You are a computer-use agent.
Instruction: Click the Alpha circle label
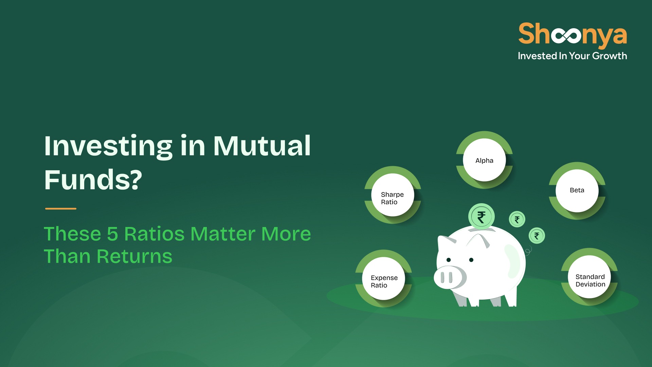coord(484,160)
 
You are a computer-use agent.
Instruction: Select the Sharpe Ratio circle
coord(393,195)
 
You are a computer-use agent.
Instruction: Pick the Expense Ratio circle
coord(383,278)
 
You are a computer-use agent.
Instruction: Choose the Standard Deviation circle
coord(590,277)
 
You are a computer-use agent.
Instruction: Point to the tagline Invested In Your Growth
coord(572,56)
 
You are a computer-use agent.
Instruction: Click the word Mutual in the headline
coord(262,146)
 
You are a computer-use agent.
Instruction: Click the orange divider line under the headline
coord(61,209)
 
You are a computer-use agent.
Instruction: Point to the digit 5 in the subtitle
coord(112,234)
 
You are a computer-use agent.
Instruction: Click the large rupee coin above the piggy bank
coord(481,216)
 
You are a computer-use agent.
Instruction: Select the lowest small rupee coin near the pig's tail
coord(537,235)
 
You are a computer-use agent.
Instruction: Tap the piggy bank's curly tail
coord(528,251)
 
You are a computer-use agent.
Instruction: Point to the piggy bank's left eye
coord(449,260)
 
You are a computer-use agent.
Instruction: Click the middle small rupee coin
coord(517,219)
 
